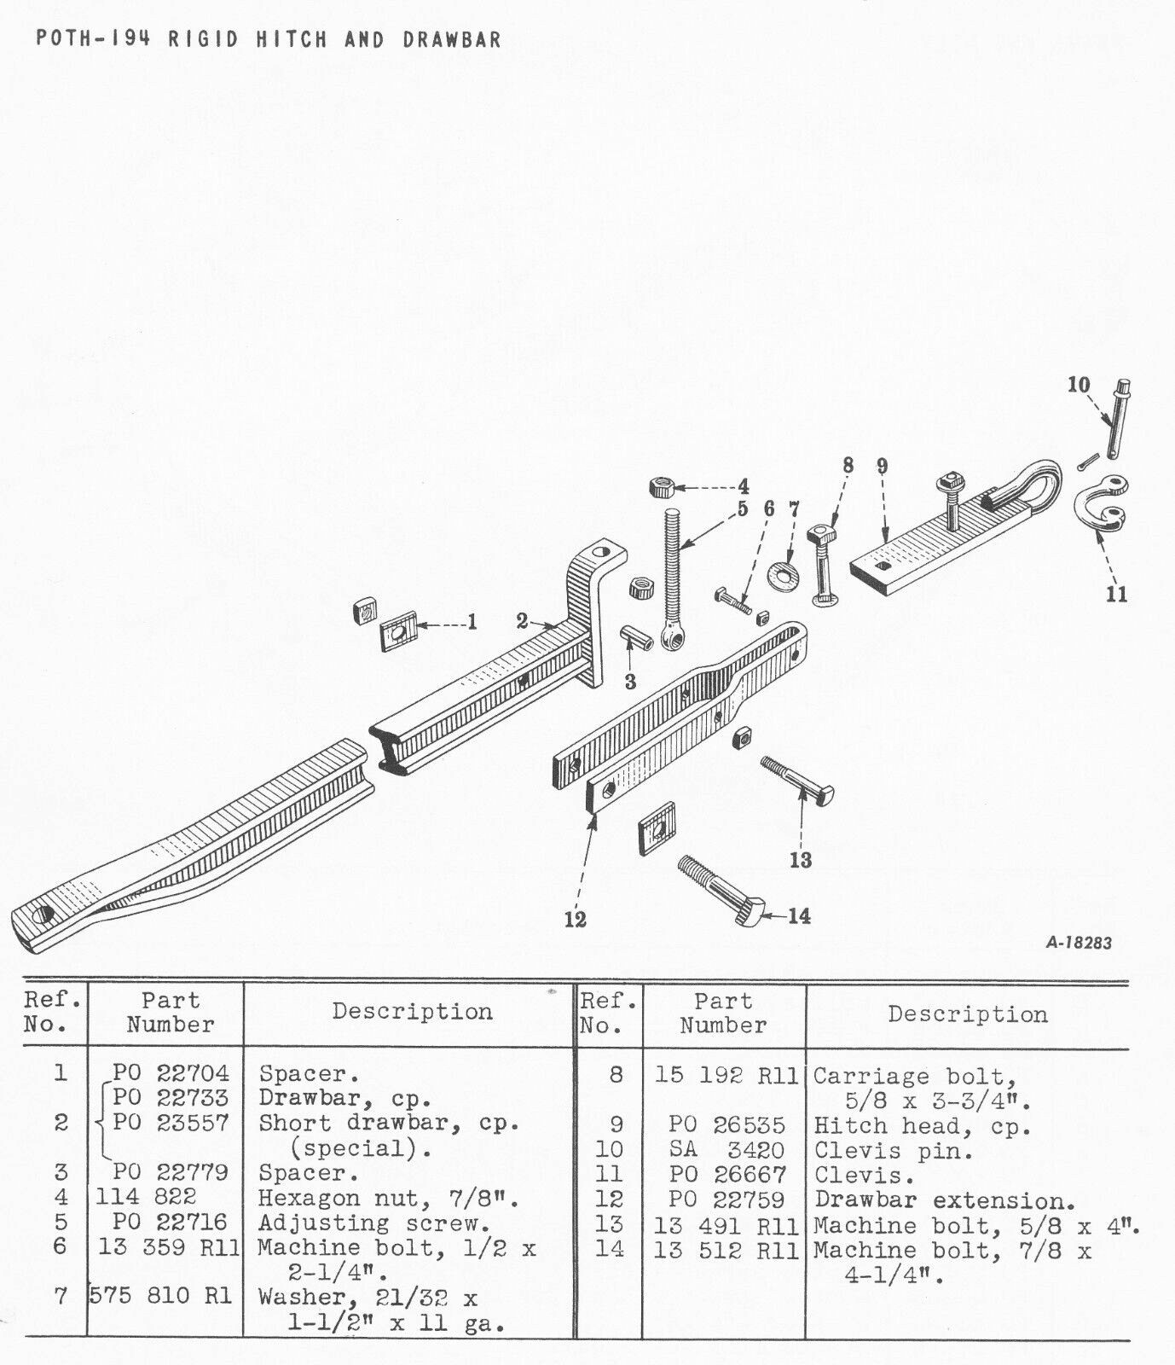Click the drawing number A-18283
1078,944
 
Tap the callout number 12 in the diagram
575,919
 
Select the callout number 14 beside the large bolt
799,915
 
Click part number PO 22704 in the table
171,1073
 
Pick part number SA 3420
726,1150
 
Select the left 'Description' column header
413,1012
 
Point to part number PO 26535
726,1125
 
